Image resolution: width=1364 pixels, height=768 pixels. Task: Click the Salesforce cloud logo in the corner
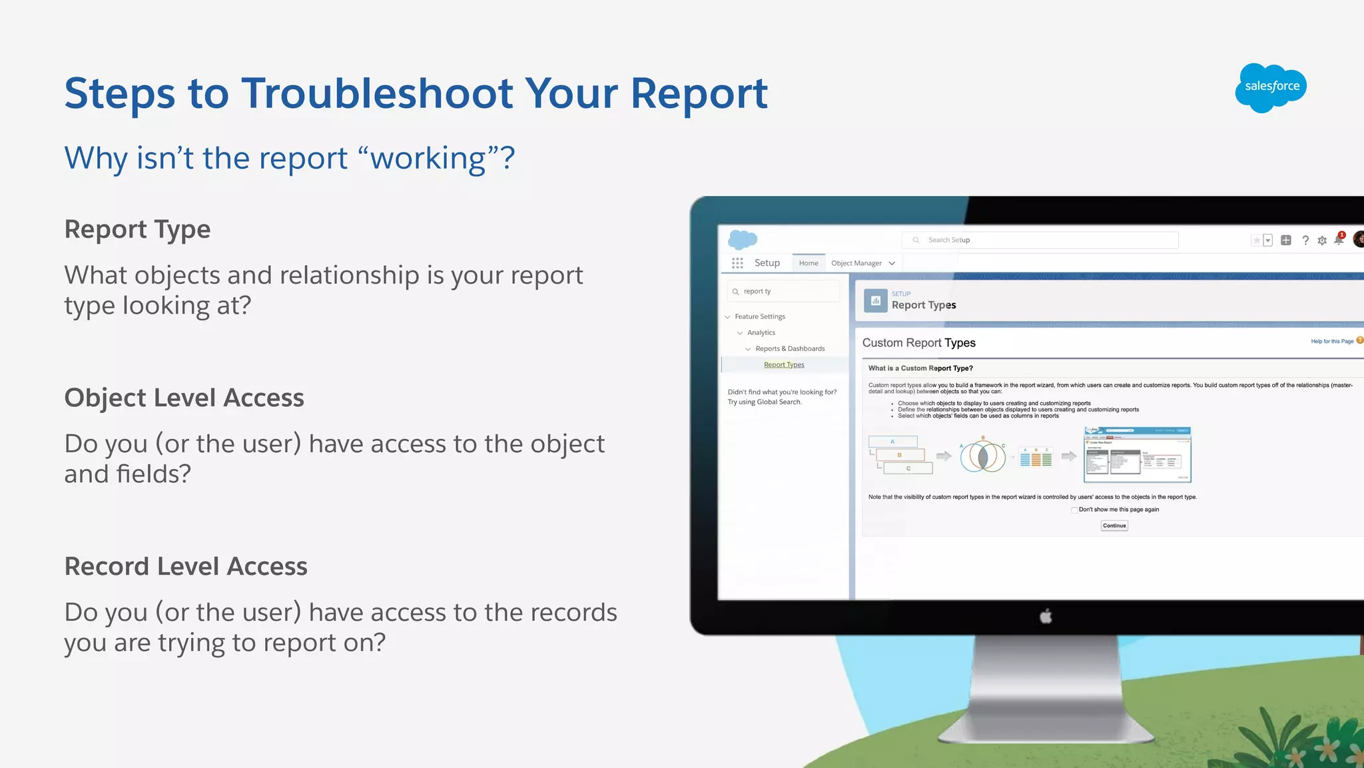coord(1270,87)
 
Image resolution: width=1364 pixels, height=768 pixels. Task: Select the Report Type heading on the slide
coord(137,229)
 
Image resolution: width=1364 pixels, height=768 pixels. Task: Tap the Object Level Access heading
coord(184,398)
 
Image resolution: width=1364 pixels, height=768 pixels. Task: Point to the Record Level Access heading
coord(186,566)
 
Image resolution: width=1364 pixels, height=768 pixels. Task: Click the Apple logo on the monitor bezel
coord(1046,617)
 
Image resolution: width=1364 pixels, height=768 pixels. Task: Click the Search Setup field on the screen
coord(1040,240)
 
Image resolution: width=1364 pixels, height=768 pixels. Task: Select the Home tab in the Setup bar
coord(809,263)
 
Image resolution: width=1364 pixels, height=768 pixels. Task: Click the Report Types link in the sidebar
coord(784,365)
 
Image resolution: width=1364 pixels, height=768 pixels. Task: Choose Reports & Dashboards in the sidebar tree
coord(790,349)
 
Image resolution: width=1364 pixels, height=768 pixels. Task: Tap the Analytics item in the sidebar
coord(761,333)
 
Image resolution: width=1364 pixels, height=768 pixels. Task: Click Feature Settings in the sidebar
coord(760,317)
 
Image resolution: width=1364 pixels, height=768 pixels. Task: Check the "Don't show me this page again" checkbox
coord(1074,510)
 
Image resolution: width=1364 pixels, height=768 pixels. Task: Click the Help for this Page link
coord(1332,342)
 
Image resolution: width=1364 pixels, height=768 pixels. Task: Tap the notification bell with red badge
coord(1339,240)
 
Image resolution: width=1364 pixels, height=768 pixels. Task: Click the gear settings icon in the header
coord(1322,240)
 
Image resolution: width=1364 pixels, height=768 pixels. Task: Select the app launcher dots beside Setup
coord(737,263)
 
